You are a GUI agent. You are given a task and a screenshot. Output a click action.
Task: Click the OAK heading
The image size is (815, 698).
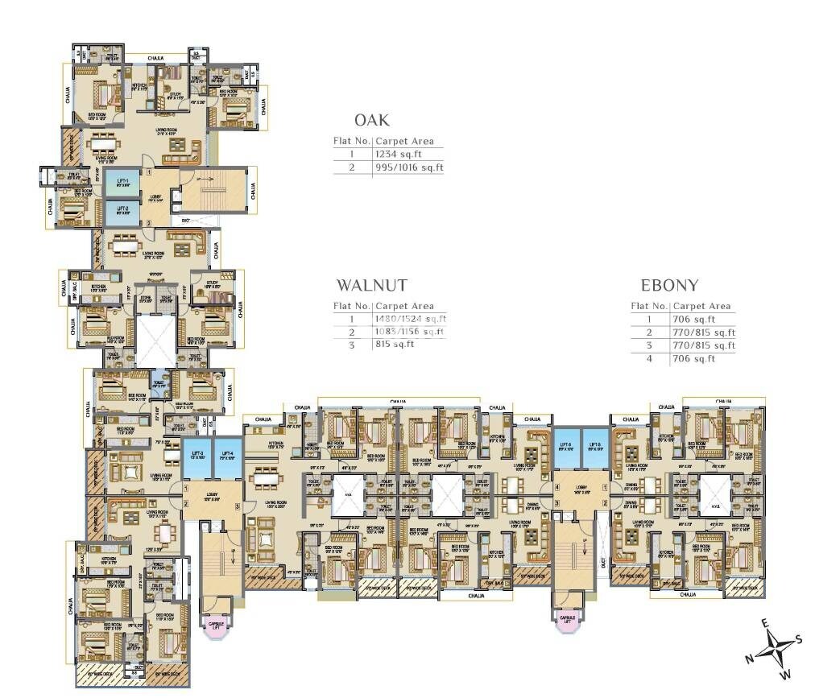372,121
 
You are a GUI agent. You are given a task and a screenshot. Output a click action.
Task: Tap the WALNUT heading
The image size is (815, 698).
371,285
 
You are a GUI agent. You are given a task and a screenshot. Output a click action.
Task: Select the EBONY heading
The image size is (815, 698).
668,285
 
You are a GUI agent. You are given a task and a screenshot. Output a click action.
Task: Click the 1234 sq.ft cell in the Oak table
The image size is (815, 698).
398,153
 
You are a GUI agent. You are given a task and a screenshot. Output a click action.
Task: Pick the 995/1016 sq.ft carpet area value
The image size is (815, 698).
408,167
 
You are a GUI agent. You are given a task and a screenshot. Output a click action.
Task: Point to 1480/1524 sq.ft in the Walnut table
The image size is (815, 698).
410,319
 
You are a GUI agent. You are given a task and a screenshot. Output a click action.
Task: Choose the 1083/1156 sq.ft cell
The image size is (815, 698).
410,332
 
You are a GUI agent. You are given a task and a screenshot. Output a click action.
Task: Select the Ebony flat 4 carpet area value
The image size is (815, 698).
694,358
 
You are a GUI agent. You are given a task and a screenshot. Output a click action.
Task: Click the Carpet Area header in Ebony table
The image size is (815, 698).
702,306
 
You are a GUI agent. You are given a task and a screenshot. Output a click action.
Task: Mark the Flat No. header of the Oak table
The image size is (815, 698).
352,141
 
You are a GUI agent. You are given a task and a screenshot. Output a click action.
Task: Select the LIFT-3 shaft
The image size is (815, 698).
196,459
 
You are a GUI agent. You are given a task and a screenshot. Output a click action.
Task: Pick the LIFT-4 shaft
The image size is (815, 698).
227,459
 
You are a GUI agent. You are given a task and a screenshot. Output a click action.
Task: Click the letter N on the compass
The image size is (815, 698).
749,659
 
